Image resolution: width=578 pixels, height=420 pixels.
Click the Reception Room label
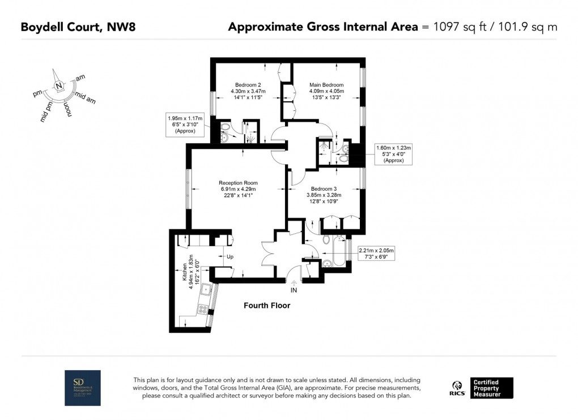pos(238,183)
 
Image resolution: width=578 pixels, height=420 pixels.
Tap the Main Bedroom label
pos(326,85)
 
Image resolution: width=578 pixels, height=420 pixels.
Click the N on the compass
pos(58,85)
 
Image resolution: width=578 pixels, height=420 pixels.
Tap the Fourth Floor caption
pos(267,306)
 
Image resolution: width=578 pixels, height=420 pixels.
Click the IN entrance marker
pos(294,290)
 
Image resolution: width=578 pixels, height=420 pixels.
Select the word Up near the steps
pos(229,257)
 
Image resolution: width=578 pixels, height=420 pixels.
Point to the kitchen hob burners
pos(202,309)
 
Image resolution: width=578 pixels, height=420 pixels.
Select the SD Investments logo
pos(83,388)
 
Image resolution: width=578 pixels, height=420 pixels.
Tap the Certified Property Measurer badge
pos(492,388)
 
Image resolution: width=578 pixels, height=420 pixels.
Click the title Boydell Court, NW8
pos(78,27)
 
